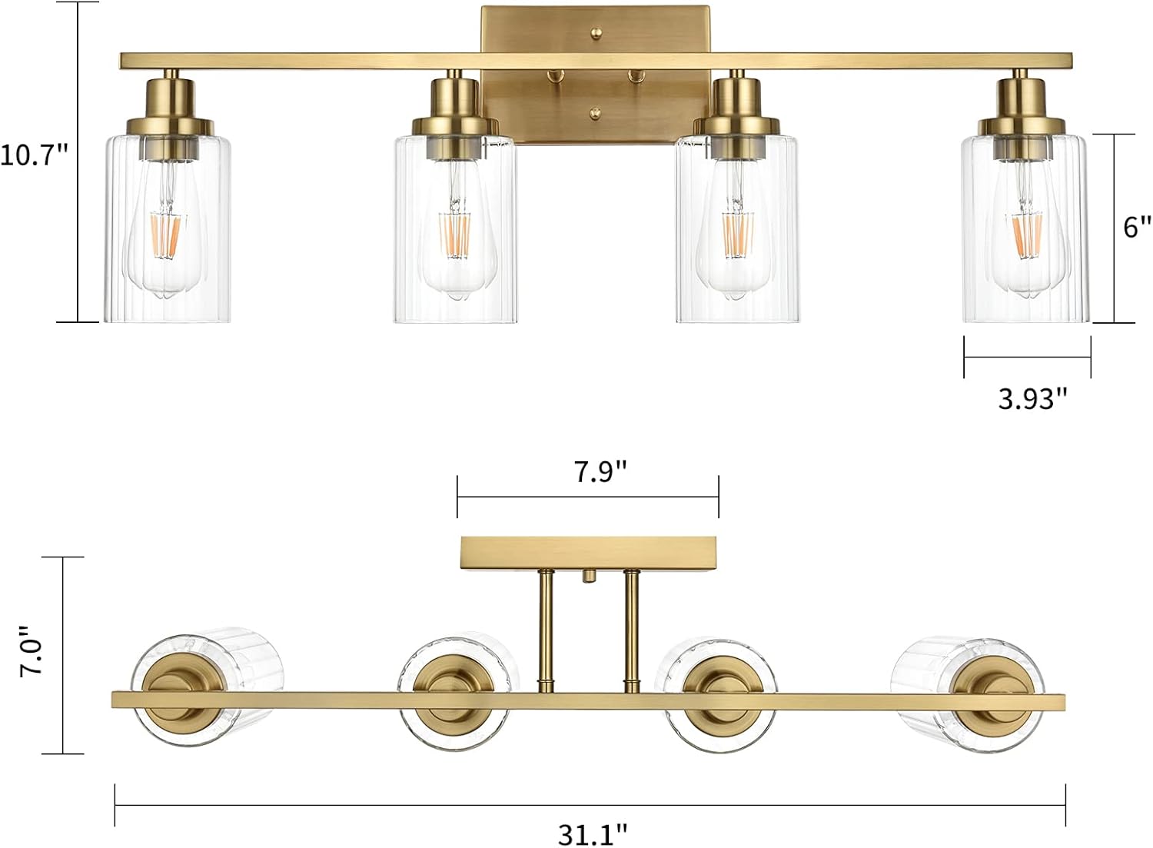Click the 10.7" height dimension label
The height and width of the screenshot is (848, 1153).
34,155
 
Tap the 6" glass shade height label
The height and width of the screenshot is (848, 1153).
1137,227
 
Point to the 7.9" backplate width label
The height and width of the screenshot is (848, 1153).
600,471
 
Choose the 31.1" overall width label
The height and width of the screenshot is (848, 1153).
593,834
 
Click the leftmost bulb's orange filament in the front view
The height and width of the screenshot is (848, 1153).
165,237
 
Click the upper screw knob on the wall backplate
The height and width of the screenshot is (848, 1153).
596,32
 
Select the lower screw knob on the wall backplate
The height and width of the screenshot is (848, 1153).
596,111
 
